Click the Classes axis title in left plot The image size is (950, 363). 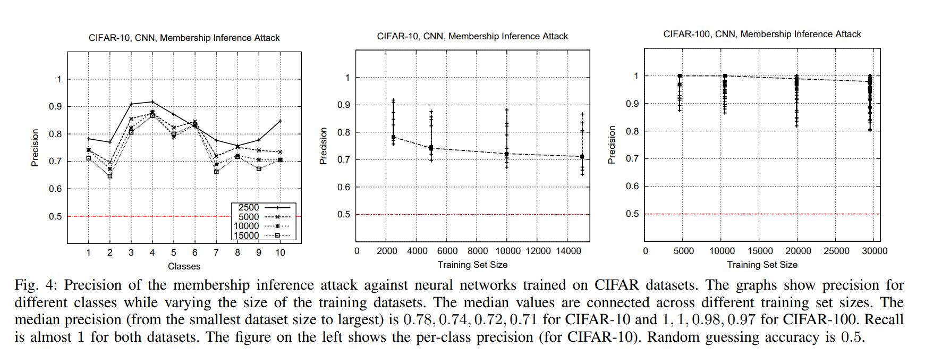[x=184, y=266]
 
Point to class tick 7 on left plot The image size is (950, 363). [x=216, y=252]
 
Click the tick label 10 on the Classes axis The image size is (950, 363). [x=280, y=252]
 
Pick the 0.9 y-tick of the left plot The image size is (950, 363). [x=55, y=106]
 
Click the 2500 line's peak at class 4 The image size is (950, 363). [x=152, y=102]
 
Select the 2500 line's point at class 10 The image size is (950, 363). [x=280, y=121]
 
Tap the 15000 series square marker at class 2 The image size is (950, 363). [x=110, y=176]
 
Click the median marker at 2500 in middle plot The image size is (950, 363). [x=394, y=137]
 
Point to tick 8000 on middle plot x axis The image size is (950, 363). [x=478, y=251]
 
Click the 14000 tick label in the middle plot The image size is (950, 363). [x=569, y=251]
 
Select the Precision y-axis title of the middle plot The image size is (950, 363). [x=323, y=146]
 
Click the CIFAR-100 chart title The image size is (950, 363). [x=762, y=34]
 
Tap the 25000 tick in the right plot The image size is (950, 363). [x=836, y=251]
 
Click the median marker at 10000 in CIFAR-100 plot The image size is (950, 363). [x=725, y=76]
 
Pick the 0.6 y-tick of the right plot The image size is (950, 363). [x=632, y=186]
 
